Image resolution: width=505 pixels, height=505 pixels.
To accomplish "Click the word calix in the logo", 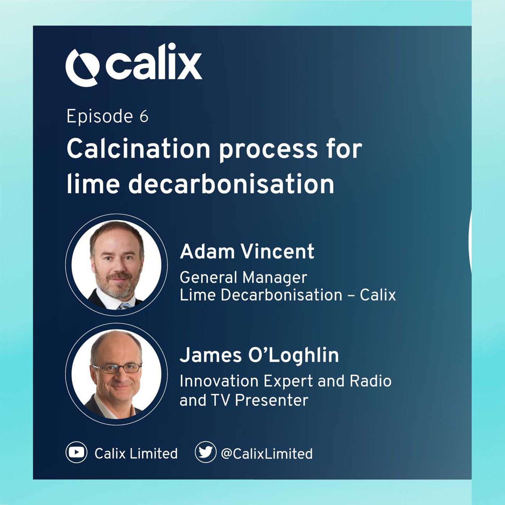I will pos(153,63).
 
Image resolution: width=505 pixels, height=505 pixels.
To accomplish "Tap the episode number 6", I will pos(144,117).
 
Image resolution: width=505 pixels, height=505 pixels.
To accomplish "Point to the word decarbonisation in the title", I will pos(231,184).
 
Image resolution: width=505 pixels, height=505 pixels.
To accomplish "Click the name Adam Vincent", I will pos(247,251).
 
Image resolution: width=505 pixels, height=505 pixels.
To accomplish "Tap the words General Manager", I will pos(243,277).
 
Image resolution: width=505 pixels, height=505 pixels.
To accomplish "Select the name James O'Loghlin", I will pos(259,355).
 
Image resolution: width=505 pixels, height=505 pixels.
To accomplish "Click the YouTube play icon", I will pos(76,452).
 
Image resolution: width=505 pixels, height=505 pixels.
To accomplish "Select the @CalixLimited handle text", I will pos(267,454).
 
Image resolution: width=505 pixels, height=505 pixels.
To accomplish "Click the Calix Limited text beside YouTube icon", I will pos(136,454).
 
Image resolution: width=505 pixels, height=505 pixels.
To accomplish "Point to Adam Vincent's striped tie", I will pos(124,306).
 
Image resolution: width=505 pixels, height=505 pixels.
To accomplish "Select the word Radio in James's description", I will pos(370,381).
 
